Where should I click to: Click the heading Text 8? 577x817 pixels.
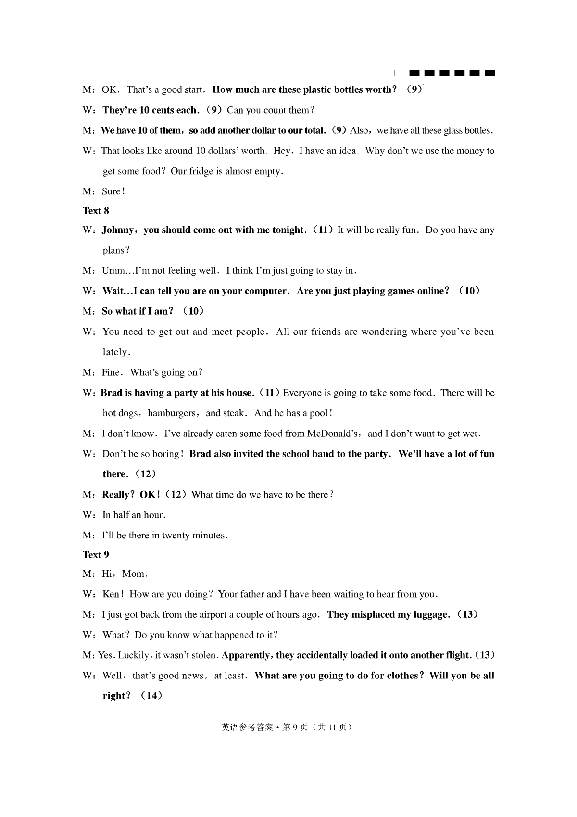(96, 211)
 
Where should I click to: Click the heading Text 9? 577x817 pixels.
(96, 555)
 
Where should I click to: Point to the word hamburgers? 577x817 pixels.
(172, 413)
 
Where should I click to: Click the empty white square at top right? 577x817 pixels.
(399, 73)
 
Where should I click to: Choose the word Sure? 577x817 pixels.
(113, 191)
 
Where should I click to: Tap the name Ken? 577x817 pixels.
(111, 594)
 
